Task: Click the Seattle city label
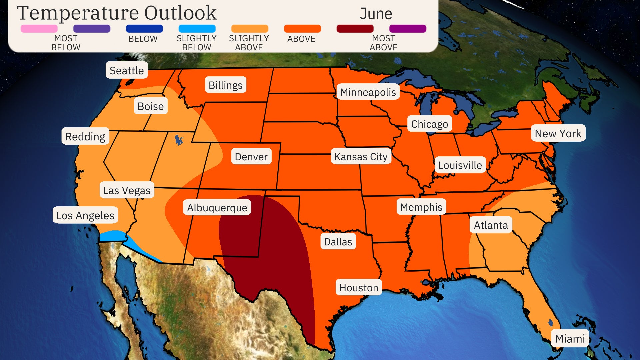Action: point(127,70)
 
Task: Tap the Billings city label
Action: point(225,85)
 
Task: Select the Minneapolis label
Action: point(368,92)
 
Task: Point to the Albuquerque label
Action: point(217,207)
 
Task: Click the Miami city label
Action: point(570,338)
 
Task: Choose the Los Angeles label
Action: point(85,215)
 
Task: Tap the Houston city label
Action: point(359,287)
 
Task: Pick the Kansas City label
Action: point(361,156)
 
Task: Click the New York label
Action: point(558,133)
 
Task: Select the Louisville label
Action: point(460,165)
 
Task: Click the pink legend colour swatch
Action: point(39,29)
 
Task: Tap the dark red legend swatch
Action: point(355,29)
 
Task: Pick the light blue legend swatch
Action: point(197,29)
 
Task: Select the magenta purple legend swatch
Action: point(408,29)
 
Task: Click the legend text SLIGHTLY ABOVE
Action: point(249,43)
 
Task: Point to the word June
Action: point(376,14)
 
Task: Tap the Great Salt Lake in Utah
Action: point(179,140)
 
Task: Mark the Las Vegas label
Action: point(127,190)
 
